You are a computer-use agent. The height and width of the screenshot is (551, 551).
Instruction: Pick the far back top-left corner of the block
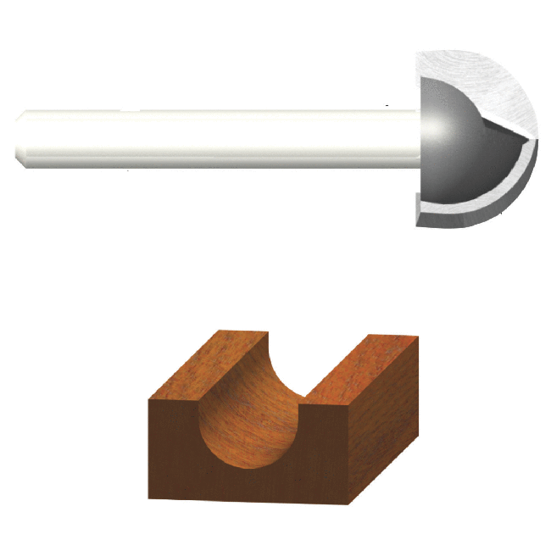click(x=218, y=331)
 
